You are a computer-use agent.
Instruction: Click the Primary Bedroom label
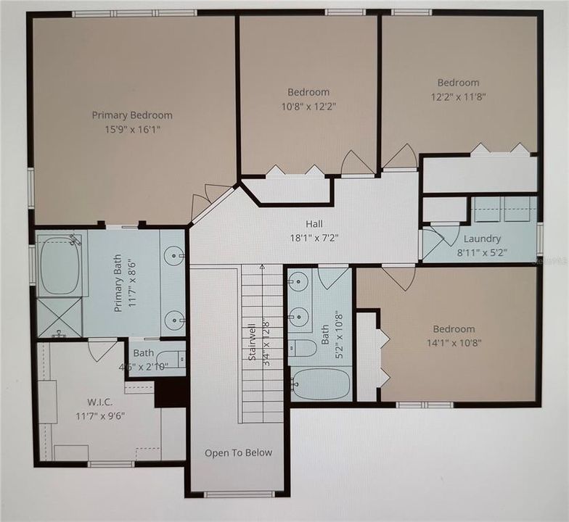point(132,115)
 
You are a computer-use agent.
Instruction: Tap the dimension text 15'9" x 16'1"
point(132,129)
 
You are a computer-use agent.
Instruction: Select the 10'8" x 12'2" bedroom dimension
point(308,106)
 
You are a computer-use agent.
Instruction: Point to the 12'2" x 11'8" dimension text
point(458,96)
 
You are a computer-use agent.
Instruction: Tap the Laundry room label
point(482,239)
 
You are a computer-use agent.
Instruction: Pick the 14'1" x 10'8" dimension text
point(454,343)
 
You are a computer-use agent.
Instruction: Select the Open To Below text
point(238,453)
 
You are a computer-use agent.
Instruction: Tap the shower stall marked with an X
point(59,316)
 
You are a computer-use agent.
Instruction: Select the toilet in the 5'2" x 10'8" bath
point(303,349)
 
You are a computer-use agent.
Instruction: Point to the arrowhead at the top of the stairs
point(262,267)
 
